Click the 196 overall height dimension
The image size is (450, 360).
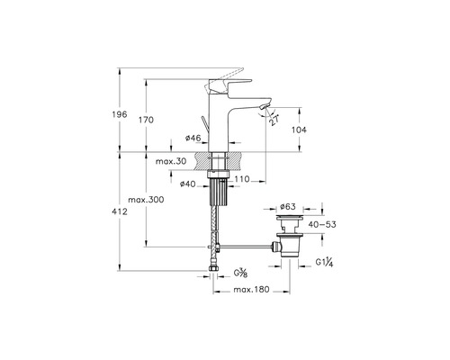coord(120,114)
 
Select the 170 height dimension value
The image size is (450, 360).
coord(146,120)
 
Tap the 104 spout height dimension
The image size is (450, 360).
coord(299,130)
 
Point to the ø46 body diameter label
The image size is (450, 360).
coord(193,138)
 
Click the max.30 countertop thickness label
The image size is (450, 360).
coord(171,161)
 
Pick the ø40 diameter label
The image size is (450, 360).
coord(187,184)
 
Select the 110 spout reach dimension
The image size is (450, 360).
coord(242,179)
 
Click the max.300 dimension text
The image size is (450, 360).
coord(146,200)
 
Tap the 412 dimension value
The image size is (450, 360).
coord(120,211)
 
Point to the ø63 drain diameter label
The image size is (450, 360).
coord(288,206)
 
